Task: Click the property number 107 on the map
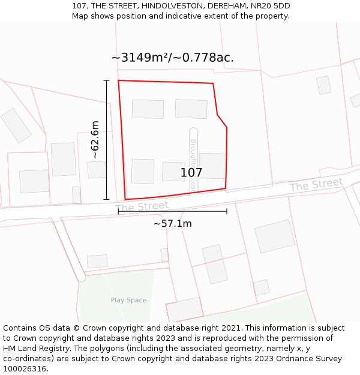point(191,173)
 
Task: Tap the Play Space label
point(128,300)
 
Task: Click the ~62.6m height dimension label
point(95,139)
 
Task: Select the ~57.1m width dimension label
point(172,224)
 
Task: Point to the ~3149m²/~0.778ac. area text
point(172,58)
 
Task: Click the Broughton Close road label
point(193,166)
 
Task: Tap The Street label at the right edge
point(316,184)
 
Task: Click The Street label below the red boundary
point(142,206)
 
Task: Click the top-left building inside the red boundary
point(148,109)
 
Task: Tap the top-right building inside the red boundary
point(191,109)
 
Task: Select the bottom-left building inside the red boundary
point(143,171)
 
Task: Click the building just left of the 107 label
point(173,171)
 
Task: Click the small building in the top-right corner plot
point(323,85)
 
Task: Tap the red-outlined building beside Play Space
point(184,309)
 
